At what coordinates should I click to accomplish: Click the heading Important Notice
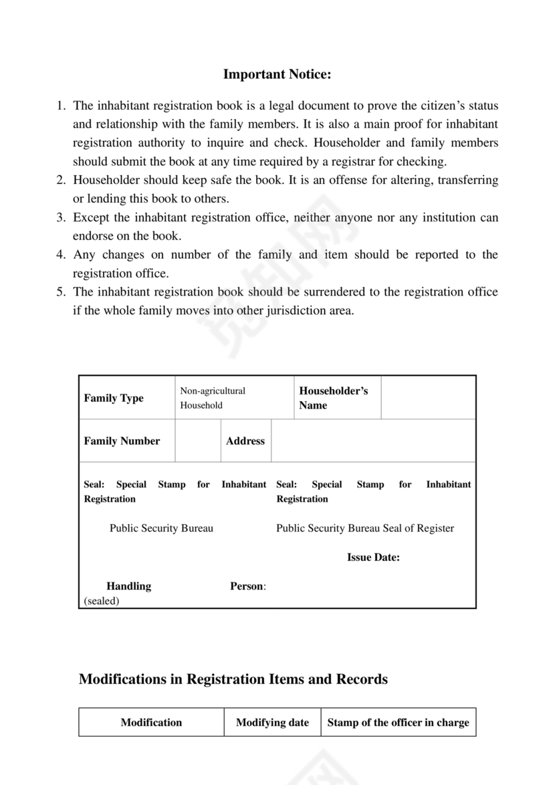pos(277,74)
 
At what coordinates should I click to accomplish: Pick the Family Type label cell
pos(114,398)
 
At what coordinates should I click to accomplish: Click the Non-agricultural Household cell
pos(213,398)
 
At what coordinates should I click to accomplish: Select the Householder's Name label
pos(333,398)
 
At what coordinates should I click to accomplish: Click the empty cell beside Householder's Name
pos(428,398)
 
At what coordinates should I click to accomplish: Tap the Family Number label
pos(122,441)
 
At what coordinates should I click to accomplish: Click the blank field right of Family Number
pos(198,441)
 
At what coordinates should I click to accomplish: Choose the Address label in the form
pos(245,441)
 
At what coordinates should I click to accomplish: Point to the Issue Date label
pos(373,557)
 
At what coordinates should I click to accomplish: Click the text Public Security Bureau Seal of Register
pos(365,528)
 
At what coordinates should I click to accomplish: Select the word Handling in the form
pos(128,586)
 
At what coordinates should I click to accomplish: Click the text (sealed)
pos(102,600)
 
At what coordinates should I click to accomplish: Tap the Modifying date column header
pos(272,722)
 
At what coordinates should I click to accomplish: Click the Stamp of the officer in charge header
pos(398,722)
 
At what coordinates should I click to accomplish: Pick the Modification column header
pos(151,722)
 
